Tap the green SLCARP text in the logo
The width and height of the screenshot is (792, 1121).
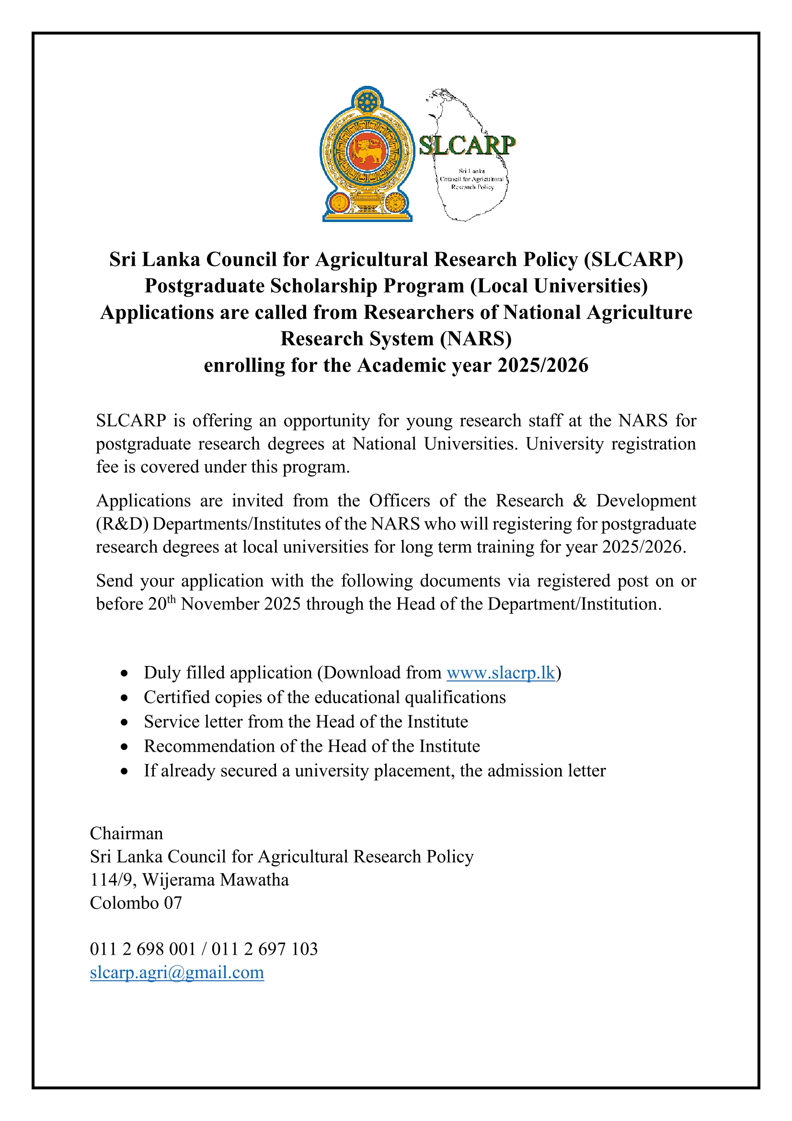[467, 145]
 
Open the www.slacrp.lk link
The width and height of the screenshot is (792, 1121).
[501, 673]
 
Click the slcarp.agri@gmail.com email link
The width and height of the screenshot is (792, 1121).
[177, 972]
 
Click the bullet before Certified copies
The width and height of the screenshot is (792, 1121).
[125, 698]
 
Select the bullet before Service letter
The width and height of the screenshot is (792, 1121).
[125, 723]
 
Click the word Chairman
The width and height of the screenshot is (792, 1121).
[126, 833]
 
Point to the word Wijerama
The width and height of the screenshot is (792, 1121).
[179, 880]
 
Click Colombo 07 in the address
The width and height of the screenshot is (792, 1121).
[136, 903]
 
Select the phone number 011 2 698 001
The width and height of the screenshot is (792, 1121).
[142, 949]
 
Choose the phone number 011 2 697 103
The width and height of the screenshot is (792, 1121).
[264, 949]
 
